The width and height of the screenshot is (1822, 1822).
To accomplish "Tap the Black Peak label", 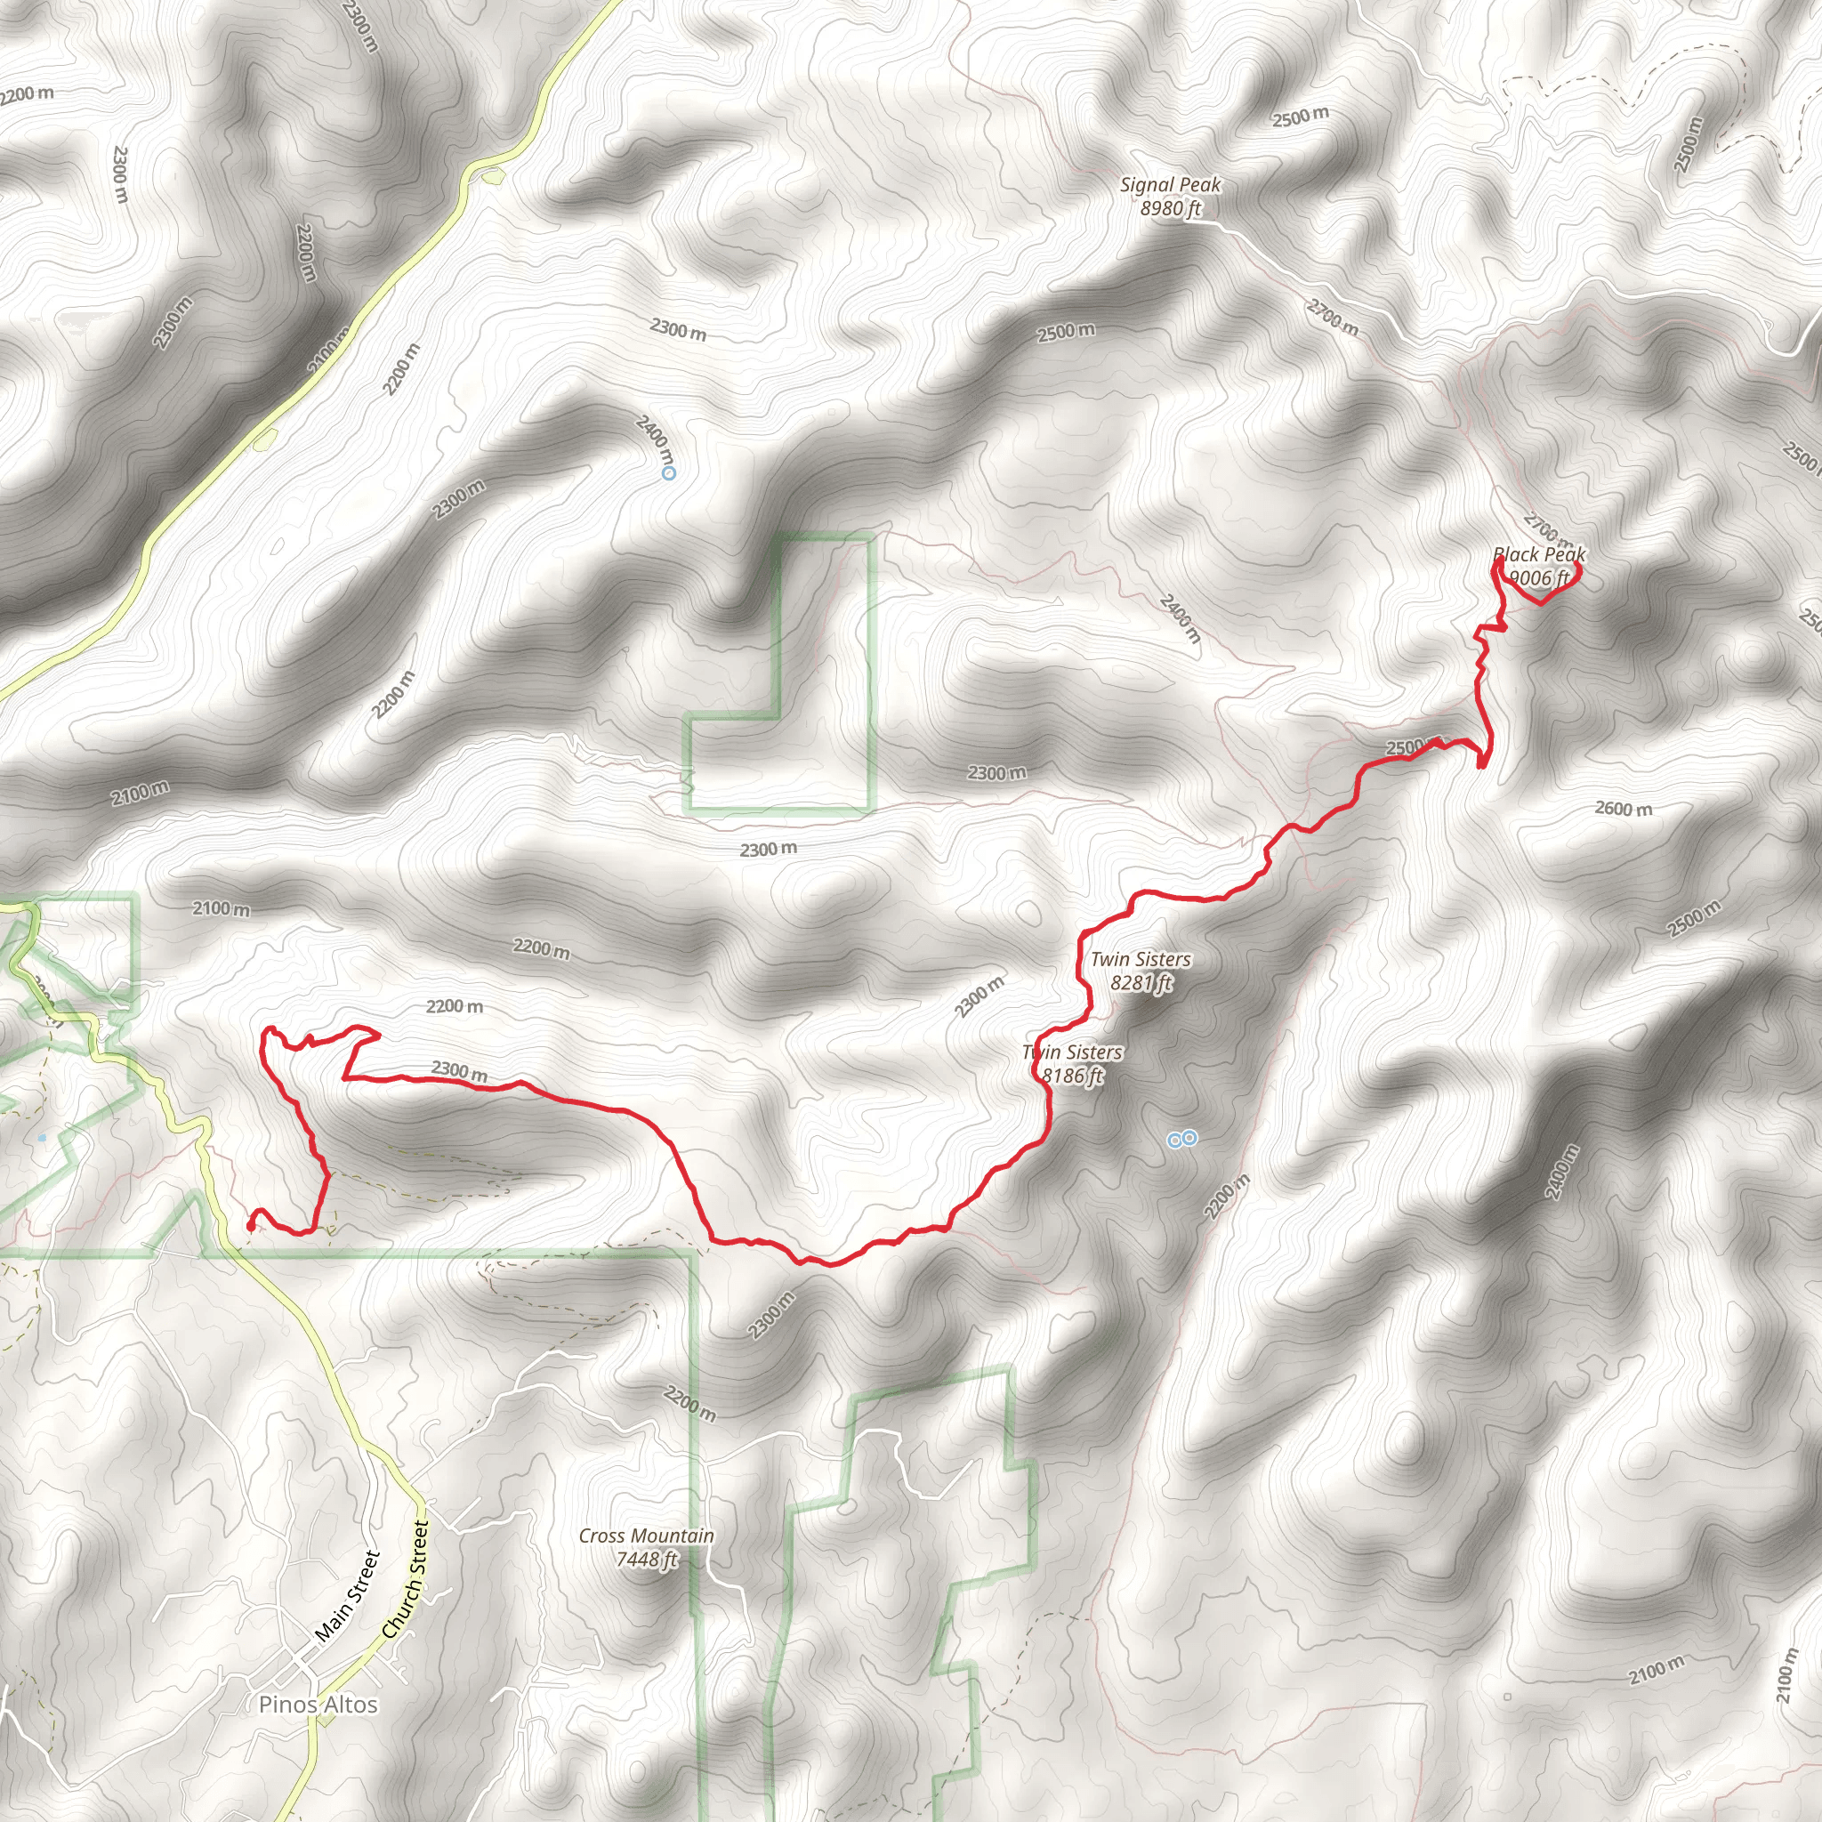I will pos(1539,554).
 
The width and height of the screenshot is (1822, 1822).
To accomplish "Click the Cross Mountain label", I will pos(646,1536).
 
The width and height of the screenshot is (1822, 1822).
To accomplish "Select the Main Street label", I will pos(347,1596).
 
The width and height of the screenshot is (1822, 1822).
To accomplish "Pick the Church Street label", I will pos(406,1579).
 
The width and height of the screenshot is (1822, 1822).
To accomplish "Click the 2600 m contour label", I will pos(1623,808).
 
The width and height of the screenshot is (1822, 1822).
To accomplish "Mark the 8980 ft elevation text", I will pos(1171,208).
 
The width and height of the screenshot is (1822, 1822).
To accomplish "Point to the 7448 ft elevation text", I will pos(646,1560).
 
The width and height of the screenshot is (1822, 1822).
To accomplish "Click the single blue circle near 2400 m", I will pos(669,473).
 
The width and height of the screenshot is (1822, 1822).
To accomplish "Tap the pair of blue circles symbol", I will pos(1182,1140).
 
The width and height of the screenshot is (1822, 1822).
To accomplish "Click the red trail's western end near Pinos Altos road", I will pos(251,1226).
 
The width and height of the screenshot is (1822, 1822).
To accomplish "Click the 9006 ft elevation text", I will pos(1539,577).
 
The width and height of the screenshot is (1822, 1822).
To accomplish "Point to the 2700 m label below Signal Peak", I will pos(1333,317).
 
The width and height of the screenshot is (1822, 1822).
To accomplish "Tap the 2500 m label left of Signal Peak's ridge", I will pos(1066,332).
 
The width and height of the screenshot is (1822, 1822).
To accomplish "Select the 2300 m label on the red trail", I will pos(459,1070).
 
